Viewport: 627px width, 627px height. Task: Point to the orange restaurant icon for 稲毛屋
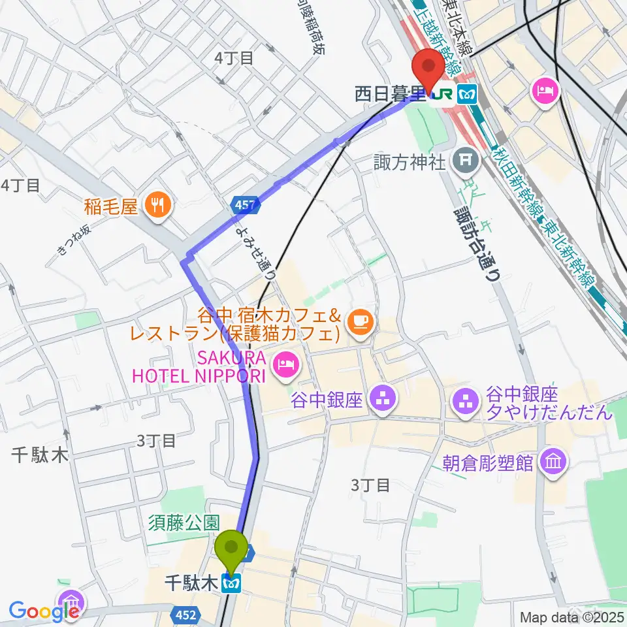[x=157, y=207]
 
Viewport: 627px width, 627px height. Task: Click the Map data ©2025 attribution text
[x=571, y=616]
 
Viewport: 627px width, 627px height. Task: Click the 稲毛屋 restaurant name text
[x=111, y=207]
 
